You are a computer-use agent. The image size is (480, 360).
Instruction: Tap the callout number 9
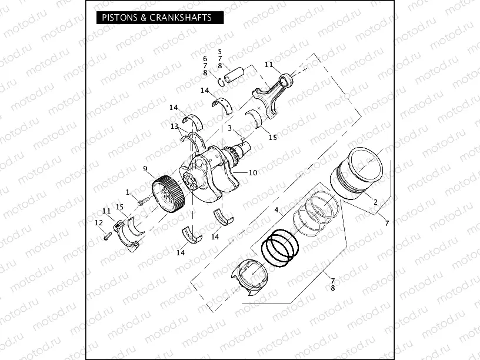click(145, 169)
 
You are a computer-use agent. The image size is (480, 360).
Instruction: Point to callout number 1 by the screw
click(127, 192)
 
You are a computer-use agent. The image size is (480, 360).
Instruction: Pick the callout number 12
click(98, 222)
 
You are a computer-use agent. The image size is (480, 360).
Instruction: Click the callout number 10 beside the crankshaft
click(253, 173)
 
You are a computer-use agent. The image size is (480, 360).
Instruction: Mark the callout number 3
click(229, 128)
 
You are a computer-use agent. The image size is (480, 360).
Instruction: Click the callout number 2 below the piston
click(375, 202)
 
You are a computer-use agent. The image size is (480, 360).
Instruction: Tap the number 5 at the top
click(219, 52)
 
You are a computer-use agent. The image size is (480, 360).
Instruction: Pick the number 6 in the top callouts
click(205, 59)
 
